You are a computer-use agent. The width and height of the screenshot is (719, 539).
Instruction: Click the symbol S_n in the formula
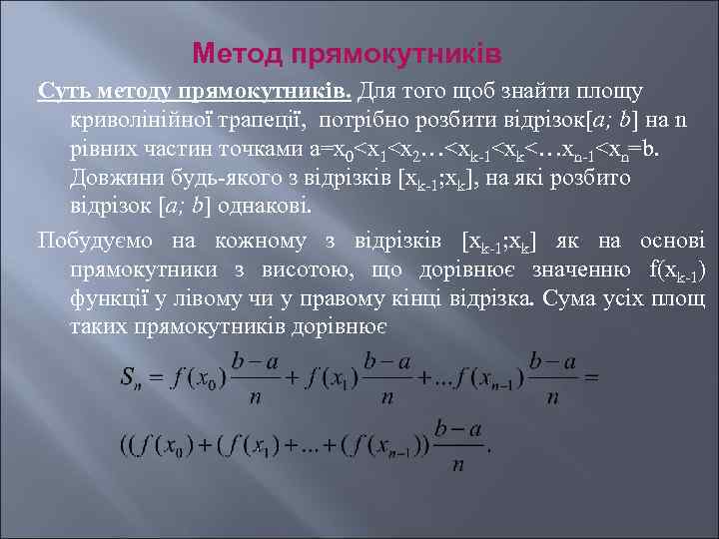[x=132, y=378]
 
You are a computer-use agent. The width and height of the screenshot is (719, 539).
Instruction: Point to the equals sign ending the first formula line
[x=590, y=377]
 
